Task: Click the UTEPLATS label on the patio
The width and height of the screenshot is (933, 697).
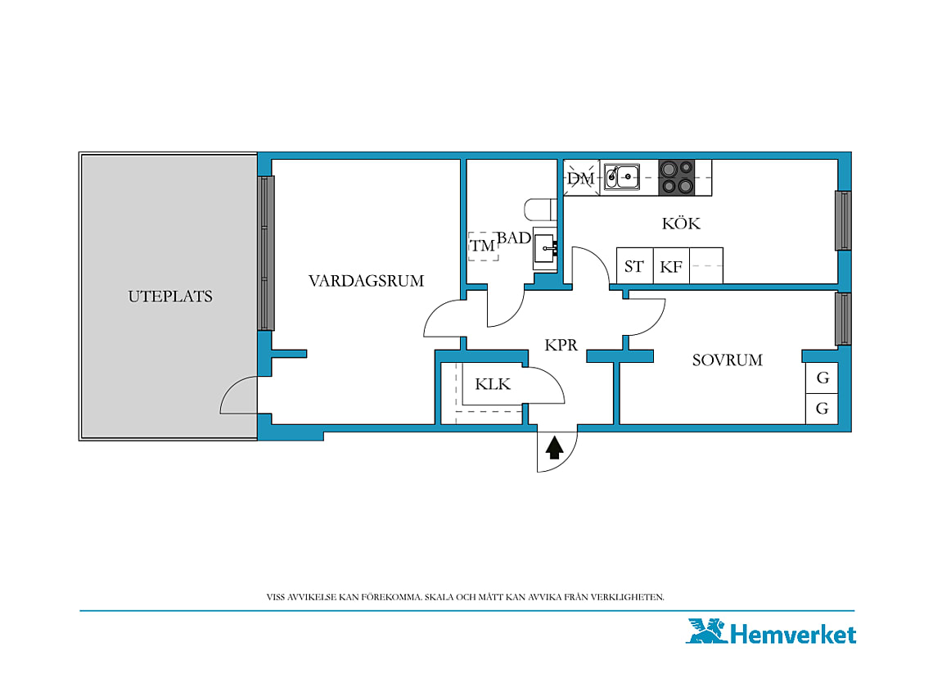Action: (x=170, y=296)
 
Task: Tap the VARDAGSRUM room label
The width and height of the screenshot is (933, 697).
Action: (x=366, y=281)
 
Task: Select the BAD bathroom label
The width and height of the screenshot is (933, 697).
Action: (x=514, y=238)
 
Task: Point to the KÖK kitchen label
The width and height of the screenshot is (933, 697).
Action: (x=681, y=223)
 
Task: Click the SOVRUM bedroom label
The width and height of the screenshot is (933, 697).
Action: (x=727, y=360)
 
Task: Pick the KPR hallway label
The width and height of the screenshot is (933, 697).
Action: (x=561, y=345)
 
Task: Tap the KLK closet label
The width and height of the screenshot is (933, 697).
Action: (x=493, y=384)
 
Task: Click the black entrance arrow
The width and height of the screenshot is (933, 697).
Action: (x=555, y=447)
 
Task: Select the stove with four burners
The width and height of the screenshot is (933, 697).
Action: (x=677, y=178)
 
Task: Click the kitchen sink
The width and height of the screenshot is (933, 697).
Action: (x=622, y=177)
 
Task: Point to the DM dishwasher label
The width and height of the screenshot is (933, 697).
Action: (x=581, y=178)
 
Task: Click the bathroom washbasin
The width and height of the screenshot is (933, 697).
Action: (x=545, y=248)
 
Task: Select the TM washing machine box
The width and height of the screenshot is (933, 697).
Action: (x=483, y=246)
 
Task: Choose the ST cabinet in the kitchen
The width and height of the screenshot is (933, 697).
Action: (x=635, y=265)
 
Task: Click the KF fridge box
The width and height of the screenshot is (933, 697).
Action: (x=671, y=265)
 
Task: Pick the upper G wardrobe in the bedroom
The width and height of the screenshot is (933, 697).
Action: (x=823, y=378)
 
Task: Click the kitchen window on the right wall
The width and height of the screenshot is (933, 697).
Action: (x=843, y=220)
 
